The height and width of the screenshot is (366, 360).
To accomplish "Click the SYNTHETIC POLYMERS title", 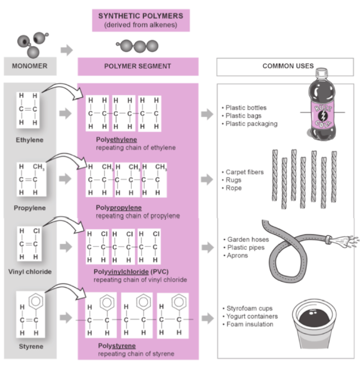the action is (141, 16).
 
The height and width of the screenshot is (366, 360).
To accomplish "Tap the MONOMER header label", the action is (30, 66).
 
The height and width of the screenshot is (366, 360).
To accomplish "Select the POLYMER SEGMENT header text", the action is (138, 66).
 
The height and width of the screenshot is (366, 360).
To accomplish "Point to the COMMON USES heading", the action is (288, 66).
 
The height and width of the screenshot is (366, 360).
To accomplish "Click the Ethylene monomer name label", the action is (30, 140).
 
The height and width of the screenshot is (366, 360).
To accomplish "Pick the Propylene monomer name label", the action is (30, 208).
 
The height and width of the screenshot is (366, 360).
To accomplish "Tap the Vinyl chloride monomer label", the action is (30, 272).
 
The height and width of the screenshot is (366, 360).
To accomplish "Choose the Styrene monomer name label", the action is (31, 347).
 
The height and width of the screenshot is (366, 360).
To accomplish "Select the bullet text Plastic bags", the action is (243, 116).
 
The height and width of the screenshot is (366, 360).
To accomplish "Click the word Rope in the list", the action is (233, 188).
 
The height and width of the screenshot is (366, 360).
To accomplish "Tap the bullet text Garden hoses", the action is (248, 239).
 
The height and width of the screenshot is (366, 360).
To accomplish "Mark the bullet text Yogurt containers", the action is (252, 317).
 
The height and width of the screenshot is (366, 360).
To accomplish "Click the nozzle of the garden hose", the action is (329, 239).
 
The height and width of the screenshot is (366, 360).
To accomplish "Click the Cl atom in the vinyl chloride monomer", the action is (37, 231).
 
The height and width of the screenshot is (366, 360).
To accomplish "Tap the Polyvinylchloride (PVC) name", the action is (131, 272).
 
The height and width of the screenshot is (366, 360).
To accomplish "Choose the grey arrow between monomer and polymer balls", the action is (67, 50).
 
